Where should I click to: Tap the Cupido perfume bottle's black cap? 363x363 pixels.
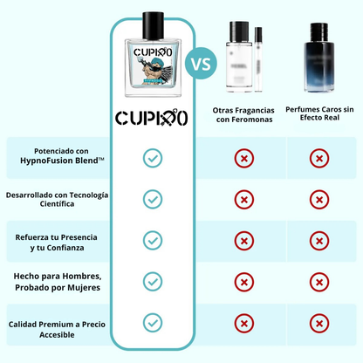(x=152, y=21)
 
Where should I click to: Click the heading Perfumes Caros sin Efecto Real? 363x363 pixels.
(x=320, y=116)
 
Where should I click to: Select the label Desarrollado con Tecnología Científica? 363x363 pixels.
(x=56, y=199)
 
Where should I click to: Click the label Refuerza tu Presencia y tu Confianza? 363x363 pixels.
(x=56, y=240)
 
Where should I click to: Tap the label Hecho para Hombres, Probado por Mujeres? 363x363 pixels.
(x=56, y=281)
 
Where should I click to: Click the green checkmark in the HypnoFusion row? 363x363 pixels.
(x=153, y=158)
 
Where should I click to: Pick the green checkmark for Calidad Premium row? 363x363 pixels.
(x=153, y=322)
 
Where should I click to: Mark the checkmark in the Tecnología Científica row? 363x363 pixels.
(x=153, y=199)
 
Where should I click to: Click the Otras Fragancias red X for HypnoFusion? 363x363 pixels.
(x=246, y=158)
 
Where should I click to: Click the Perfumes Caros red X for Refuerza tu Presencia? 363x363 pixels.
(x=320, y=240)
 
